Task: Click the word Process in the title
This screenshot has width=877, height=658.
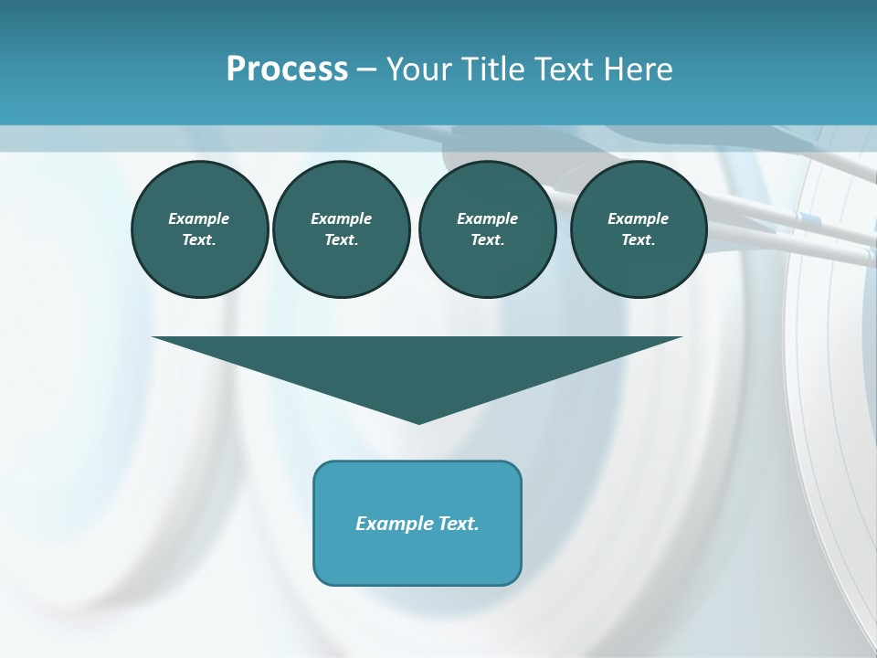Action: [x=287, y=69]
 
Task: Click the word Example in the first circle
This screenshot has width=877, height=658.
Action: [x=199, y=218]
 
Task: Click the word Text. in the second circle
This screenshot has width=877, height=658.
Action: [x=341, y=240]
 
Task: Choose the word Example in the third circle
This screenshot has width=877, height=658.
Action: [x=487, y=218]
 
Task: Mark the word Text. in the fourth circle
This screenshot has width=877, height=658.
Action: [x=639, y=240]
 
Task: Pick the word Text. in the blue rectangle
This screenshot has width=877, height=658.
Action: [x=460, y=524]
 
